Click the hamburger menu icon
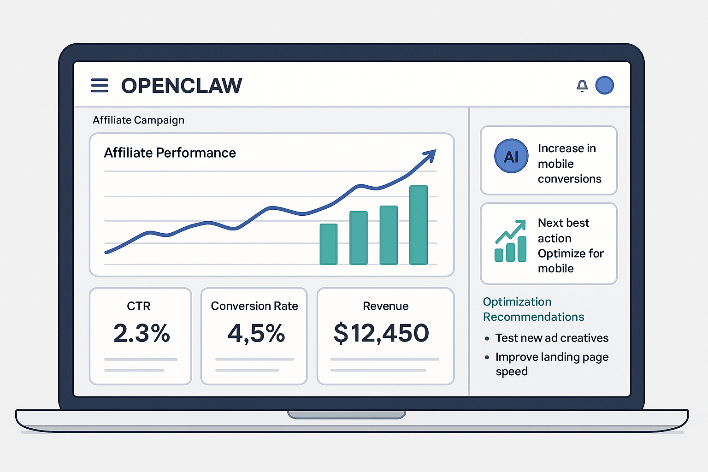[x=100, y=86]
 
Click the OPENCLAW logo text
[x=181, y=86]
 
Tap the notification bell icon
[x=582, y=86]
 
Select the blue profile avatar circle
[x=604, y=85]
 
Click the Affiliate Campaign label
[x=138, y=120]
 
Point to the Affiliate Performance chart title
[x=170, y=153]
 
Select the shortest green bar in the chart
[x=329, y=244]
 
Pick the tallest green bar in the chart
[x=419, y=225]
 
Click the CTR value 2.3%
[x=142, y=333]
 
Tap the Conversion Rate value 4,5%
[x=256, y=333]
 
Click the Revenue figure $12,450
[x=381, y=333]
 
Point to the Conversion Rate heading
[x=254, y=306]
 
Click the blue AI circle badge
[x=511, y=156]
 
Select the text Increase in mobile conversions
[x=569, y=164]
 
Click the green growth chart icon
[x=510, y=241]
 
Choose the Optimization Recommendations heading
[x=533, y=309]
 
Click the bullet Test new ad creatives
[x=551, y=338]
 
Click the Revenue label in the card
[x=385, y=306]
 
